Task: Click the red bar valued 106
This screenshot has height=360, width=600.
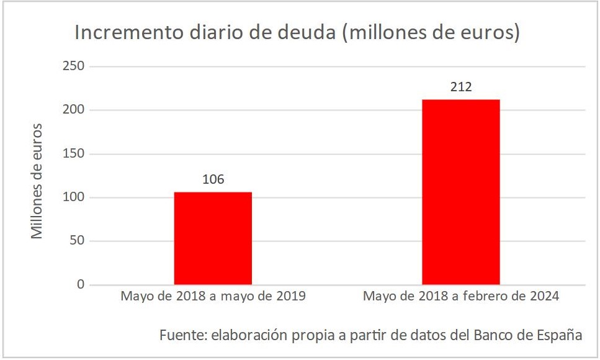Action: [x=213, y=238]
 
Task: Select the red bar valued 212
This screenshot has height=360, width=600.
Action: [x=460, y=192]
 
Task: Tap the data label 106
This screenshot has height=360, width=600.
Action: [x=213, y=180]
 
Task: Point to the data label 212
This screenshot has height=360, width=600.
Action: [x=460, y=88]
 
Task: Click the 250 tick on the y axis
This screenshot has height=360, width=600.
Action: [x=74, y=66]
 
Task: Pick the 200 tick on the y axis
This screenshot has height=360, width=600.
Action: [x=74, y=110]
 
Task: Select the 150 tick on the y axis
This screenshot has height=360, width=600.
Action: [x=74, y=154]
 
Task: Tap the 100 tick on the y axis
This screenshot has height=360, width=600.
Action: [x=74, y=197]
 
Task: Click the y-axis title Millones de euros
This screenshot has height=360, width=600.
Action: [x=37, y=181]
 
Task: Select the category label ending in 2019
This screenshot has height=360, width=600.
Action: [x=213, y=296]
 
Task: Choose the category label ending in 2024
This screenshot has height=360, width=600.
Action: [x=460, y=296]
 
